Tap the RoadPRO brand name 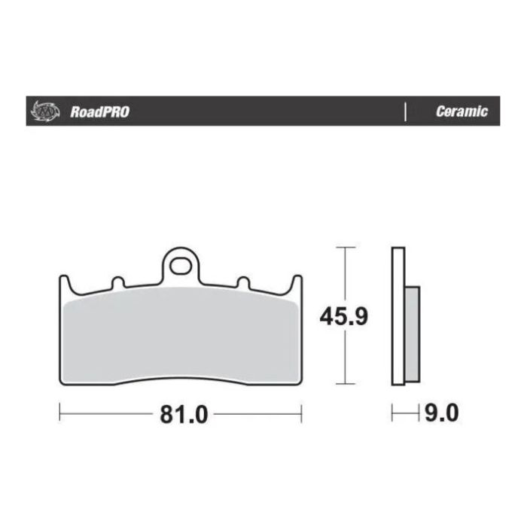[x=100, y=112]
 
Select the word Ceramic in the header [x=462, y=112]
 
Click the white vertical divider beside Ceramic [x=406, y=112]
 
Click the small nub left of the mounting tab [x=117, y=283]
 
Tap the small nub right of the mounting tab [x=242, y=283]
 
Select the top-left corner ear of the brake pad [x=64, y=282]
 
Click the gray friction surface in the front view [x=180, y=335]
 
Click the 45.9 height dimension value [x=343, y=316]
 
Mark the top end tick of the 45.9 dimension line [x=345, y=247]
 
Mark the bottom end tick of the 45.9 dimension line [x=345, y=385]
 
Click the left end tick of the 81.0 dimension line [x=60, y=413]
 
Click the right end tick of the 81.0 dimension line [x=301, y=413]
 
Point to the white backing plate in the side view [x=398, y=316]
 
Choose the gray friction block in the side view [x=412, y=333]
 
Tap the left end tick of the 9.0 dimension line [x=392, y=413]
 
